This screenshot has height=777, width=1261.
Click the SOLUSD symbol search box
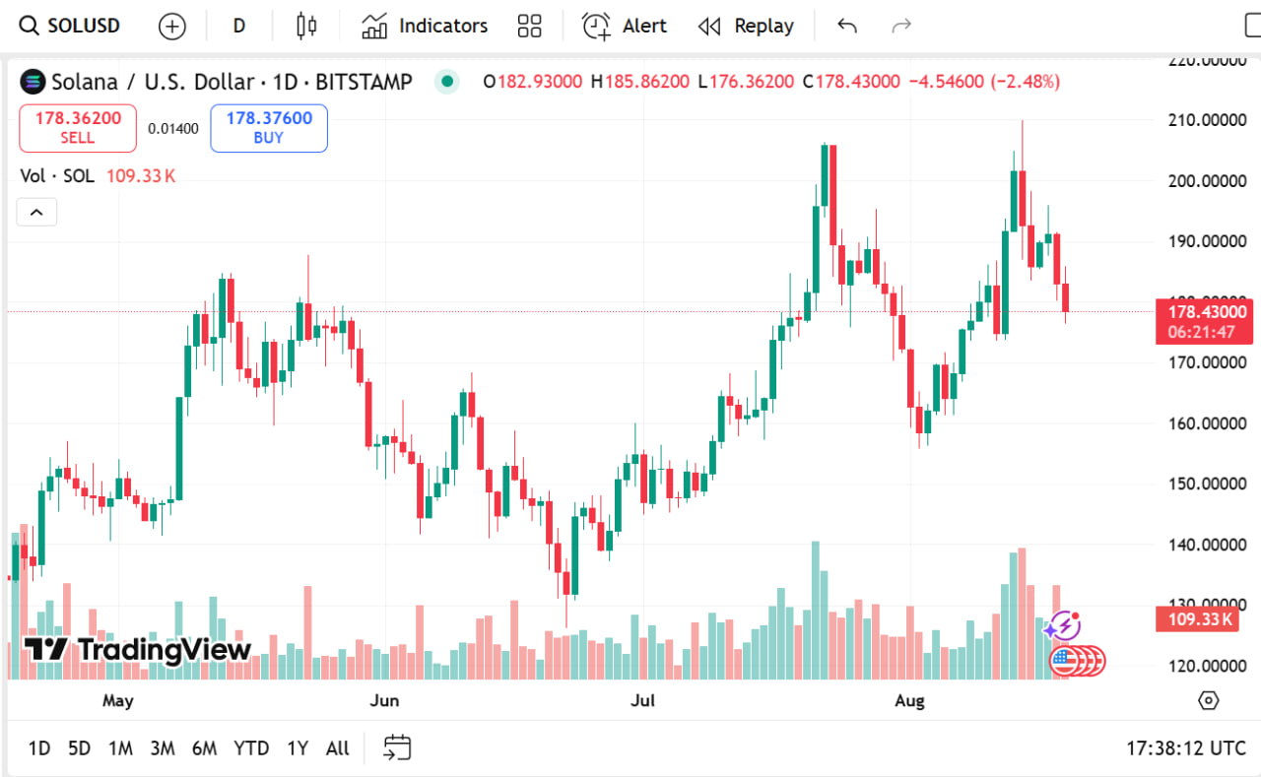(x=71, y=26)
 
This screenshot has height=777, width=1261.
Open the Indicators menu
(x=425, y=26)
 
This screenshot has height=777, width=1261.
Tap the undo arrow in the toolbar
(x=847, y=26)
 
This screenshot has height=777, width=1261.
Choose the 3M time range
(x=163, y=748)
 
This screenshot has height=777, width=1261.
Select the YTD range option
(x=251, y=748)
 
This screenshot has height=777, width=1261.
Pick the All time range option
(x=337, y=748)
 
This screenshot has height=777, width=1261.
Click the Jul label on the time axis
(x=642, y=701)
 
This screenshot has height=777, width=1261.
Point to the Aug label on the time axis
(x=909, y=701)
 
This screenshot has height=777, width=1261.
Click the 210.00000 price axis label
(x=1207, y=120)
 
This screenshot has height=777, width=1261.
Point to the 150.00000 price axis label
(x=1207, y=484)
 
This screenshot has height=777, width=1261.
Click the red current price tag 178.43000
(x=1204, y=312)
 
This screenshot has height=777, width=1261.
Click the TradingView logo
(x=138, y=649)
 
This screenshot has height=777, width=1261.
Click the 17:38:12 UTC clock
(x=1186, y=748)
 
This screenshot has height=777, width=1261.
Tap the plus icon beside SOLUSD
(x=172, y=27)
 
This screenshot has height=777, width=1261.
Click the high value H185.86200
(x=639, y=82)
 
